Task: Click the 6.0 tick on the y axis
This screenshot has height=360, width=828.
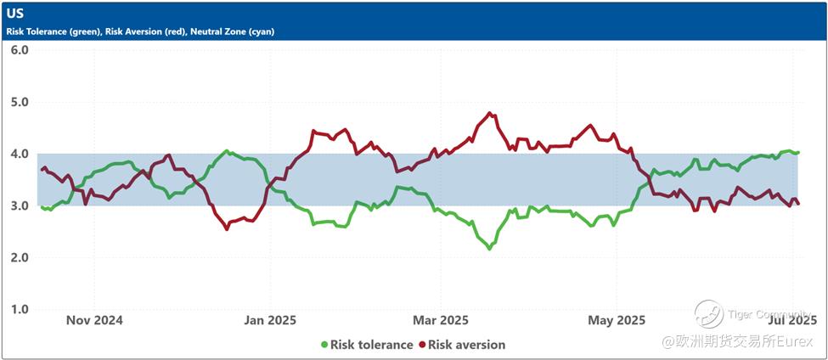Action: point(20,50)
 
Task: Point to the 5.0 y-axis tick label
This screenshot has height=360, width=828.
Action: point(20,102)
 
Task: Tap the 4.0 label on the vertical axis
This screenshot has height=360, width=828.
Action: point(20,154)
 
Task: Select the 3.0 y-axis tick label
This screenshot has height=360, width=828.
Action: point(20,205)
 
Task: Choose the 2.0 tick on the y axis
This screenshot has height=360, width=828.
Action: point(20,257)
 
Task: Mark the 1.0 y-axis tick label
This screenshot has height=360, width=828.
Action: point(20,309)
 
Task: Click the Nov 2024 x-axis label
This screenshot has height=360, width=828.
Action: point(94,320)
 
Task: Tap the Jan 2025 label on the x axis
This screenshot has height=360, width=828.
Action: point(269,320)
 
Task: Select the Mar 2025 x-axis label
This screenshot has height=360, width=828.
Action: point(441,320)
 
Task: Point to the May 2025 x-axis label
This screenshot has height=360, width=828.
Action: point(617,320)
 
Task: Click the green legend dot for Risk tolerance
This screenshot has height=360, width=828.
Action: point(324,345)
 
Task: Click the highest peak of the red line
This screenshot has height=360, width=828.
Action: point(489,113)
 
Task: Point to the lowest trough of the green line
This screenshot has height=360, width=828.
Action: point(489,249)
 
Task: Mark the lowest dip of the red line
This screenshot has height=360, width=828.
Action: point(227,228)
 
